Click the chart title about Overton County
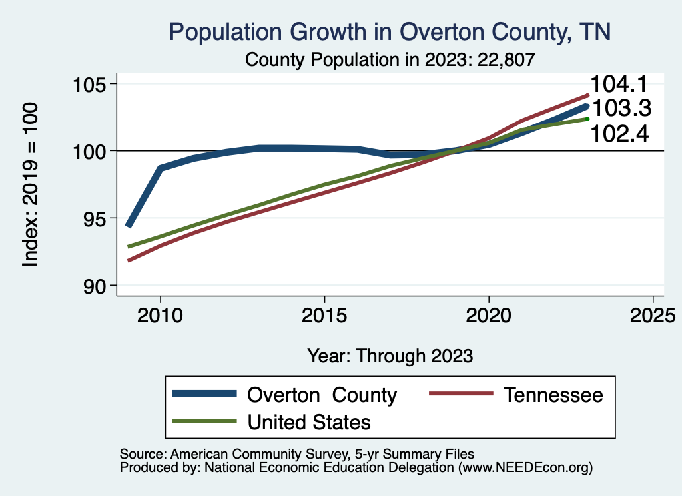[390, 32]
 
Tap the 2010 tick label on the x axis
[160, 314]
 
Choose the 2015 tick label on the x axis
[324, 314]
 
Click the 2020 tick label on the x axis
[488, 314]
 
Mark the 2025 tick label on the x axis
[653, 314]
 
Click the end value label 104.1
[621, 85]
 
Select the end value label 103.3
[621, 108]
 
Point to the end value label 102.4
[620, 133]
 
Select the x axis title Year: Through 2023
[390, 355]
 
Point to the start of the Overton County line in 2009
[129, 226]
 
